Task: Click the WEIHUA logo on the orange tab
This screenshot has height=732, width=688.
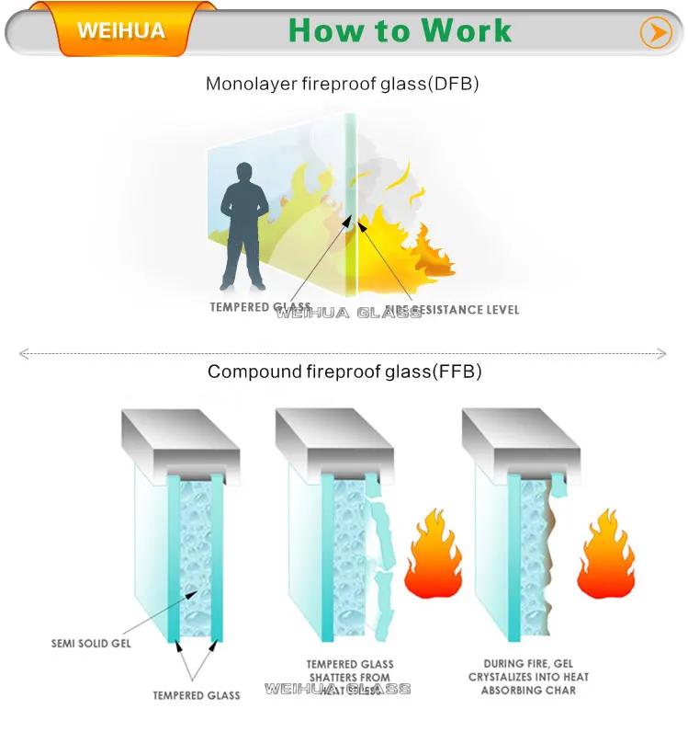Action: coord(121,30)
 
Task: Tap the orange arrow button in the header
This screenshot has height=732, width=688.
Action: coord(655,33)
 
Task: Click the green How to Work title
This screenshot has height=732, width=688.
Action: coord(400,30)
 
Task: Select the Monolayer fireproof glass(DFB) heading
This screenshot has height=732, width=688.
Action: coord(343,84)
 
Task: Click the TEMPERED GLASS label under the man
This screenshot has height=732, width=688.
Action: coord(260,307)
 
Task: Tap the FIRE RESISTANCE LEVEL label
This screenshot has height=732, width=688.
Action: coord(449,310)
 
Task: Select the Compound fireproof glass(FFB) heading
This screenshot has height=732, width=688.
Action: coord(344,372)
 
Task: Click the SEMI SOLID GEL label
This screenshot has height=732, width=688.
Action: coord(91,643)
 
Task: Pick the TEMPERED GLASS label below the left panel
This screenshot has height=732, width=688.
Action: coord(197,695)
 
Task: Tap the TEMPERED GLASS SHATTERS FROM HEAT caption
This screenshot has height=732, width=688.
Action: coord(350,677)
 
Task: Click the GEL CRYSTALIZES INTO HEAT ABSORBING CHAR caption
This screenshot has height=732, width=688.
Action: coord(536,676)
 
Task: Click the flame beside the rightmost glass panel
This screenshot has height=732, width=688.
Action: coord(606,557)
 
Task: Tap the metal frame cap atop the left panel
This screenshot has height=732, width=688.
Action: coord(181,440)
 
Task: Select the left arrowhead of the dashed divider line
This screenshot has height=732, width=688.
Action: coord(23,352)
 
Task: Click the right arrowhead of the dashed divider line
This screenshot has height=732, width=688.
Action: coord(663,352)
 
